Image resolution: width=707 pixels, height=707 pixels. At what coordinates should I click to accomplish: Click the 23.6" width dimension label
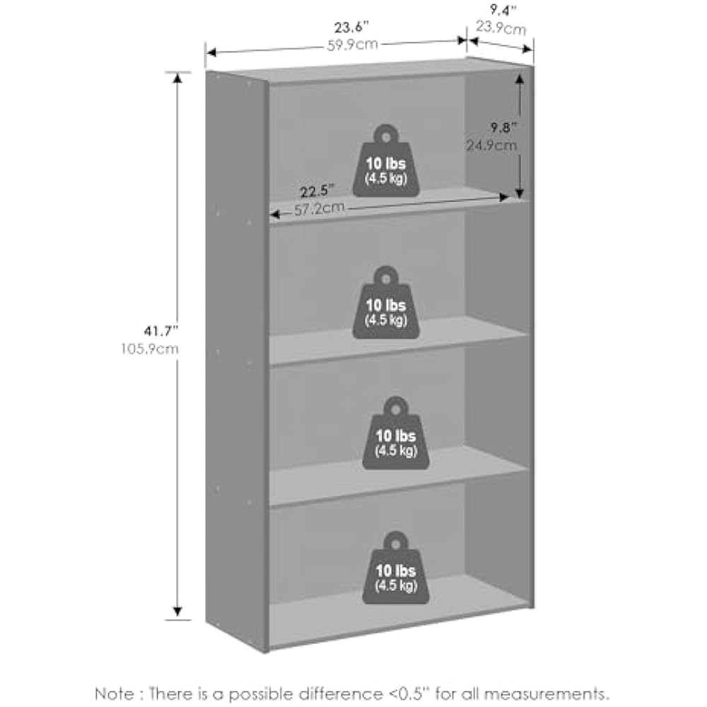pos(352,28)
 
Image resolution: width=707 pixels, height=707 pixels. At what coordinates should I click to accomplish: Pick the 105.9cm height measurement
pos(149,348)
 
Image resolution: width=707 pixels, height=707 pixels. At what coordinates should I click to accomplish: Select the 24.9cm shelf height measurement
pos(491,146)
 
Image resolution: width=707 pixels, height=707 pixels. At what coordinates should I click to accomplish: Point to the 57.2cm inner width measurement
pos(320,208)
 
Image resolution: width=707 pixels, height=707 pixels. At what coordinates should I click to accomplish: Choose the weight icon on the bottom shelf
pos(396,568)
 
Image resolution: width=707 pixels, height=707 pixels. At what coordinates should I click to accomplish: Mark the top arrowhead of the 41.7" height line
pos(177,76)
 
